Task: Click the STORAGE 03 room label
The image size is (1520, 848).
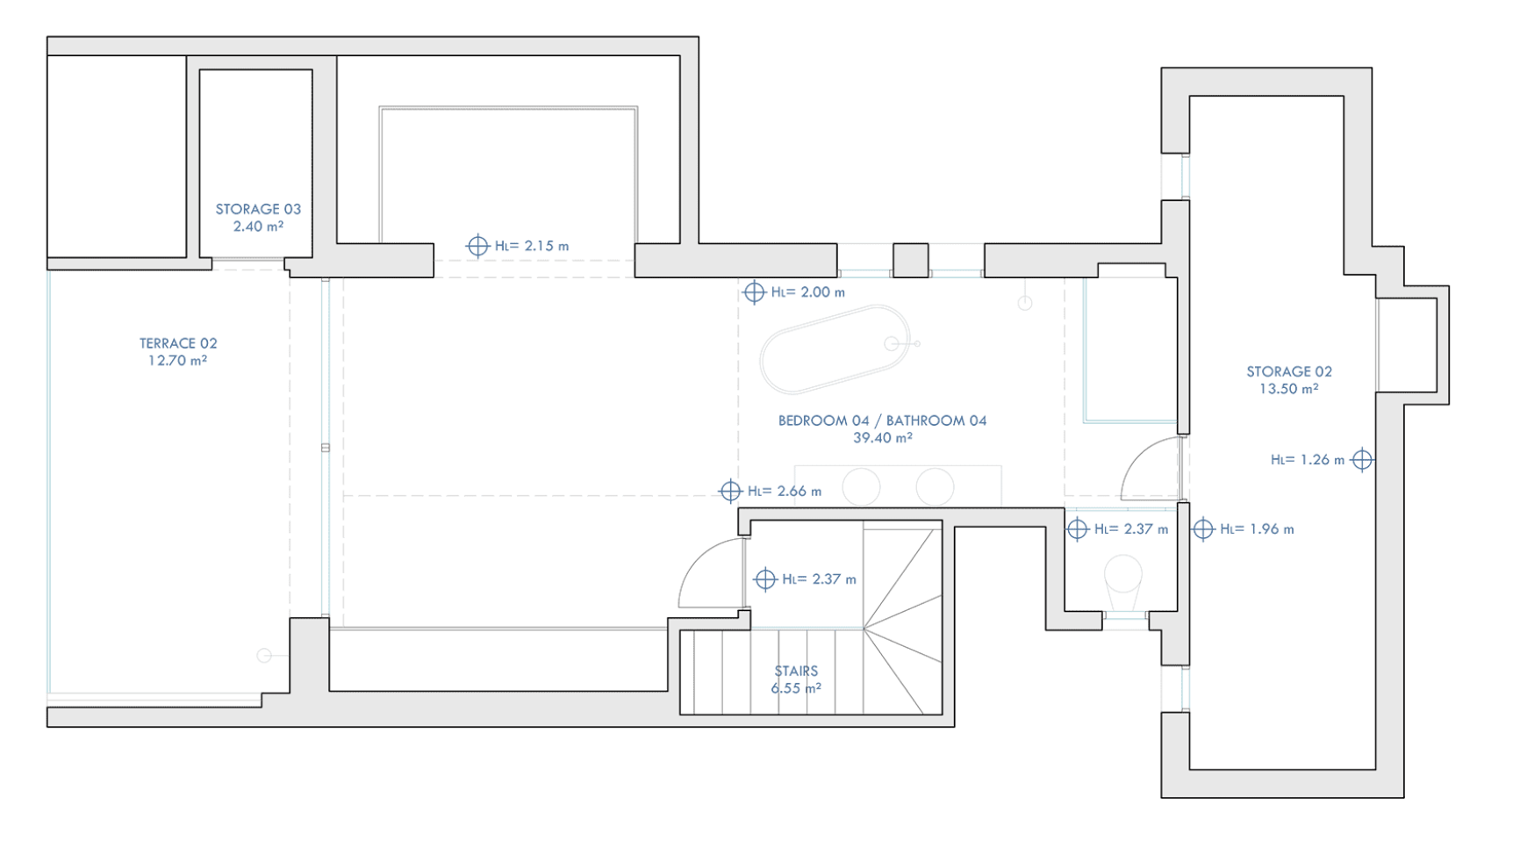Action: click(x=258, y=209)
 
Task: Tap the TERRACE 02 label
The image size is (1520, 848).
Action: click(x=178, y=343)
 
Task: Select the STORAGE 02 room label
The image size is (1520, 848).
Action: click(x=1289, y=371)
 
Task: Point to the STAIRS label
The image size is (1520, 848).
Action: click(x=796, y=671)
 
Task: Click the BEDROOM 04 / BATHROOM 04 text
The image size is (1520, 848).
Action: click(x=882, y=420)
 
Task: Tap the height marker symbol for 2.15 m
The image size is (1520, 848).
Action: click(x=477, y=246)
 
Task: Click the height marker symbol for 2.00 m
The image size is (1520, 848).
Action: click(x=754, y=291)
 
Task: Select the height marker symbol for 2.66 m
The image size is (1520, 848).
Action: click(x=730, y=491)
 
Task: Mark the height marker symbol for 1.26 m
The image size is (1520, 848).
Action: click(x=1362, y=459)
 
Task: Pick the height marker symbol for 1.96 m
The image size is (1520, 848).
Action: click(x=1203, y=528)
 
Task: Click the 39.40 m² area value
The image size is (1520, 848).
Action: click(x=882, y=437)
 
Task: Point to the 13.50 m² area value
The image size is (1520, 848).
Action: click(x=1289, y=388)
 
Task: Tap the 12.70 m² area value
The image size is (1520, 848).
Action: click(x=178, y=360)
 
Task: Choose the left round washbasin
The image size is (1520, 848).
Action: click(x=861, y=487)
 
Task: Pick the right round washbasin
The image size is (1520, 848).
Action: click(x=935, y=487)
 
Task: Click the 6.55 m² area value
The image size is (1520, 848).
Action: click(x=796, y=688)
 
